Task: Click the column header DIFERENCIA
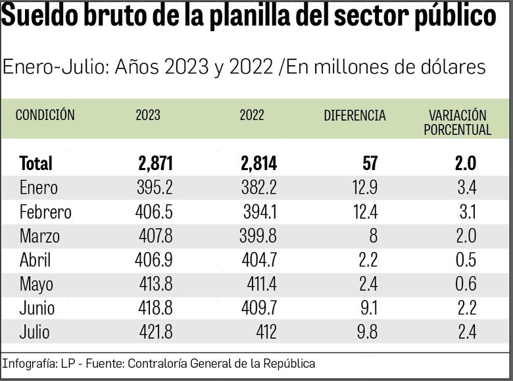tap(354, 115)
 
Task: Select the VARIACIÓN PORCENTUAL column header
tap(457, 123)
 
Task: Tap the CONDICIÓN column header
tap(45, 115)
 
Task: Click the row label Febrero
tap(45, 212)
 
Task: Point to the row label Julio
tap(34, 332)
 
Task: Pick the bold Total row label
tap(36, 163)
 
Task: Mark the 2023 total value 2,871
tap(155, 163)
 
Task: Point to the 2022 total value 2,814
tap(258, 163)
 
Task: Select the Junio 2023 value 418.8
tap(155, 308)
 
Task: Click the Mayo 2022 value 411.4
tap(258, 284)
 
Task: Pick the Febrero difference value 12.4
tap(364, 212)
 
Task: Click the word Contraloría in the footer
tap(157, 363)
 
